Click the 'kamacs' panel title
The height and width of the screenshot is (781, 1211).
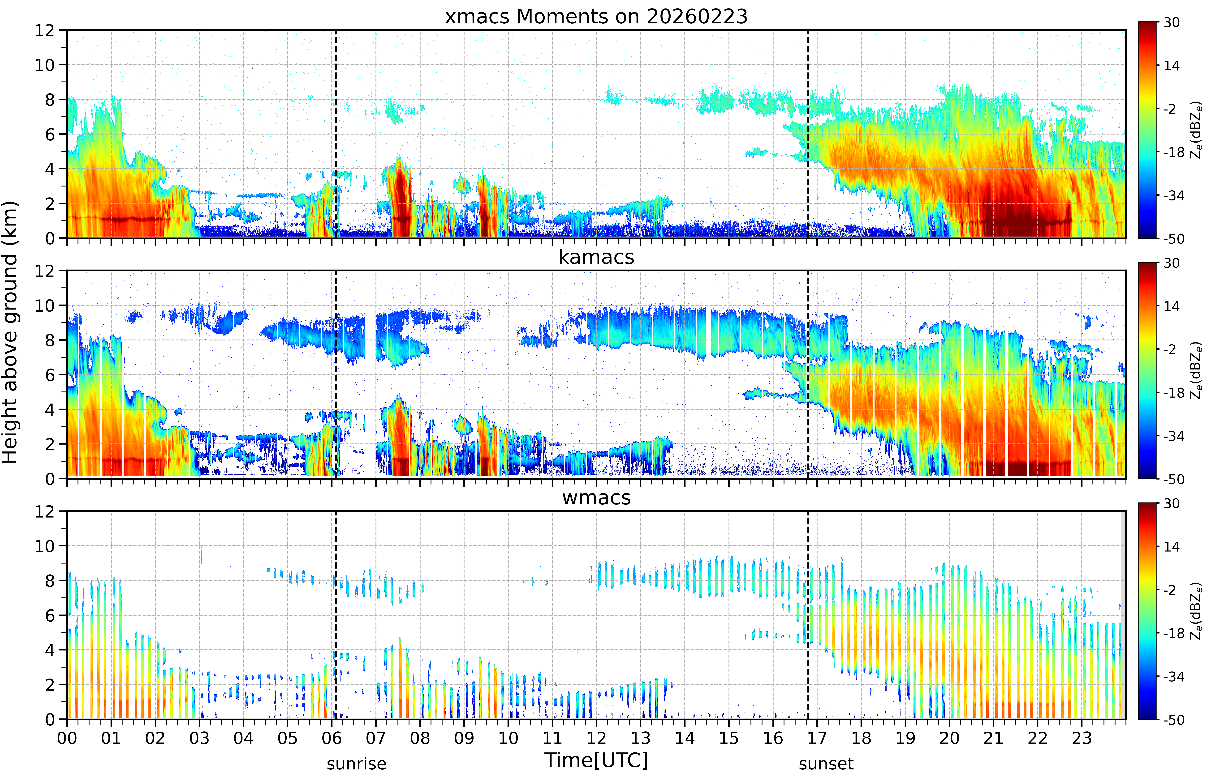tap(596, 257)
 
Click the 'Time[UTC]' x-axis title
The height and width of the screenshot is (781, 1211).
tap(596, 760)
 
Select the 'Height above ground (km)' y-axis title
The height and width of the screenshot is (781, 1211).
tap(10, 332)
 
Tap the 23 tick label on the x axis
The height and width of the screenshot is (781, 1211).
tap(1082, 738)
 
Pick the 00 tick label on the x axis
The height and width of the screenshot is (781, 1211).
tap(67, 738)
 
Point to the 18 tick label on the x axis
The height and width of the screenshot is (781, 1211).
tap(861, 738)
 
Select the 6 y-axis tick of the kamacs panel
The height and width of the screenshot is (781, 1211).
tap(50, 375)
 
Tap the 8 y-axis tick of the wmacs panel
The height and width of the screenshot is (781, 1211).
tap(50, 581)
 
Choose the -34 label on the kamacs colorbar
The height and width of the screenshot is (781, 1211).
tap(1173, 436)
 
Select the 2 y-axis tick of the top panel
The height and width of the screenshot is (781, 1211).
tap(50, 203)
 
